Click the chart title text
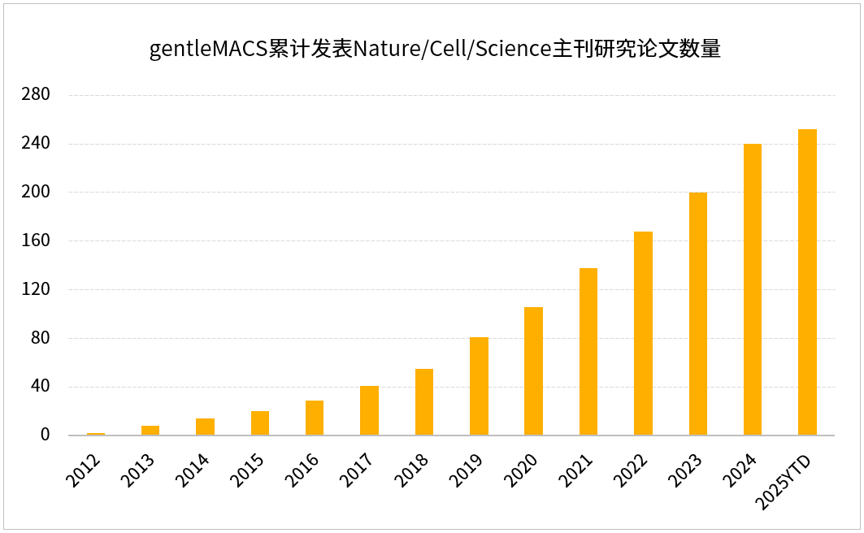pyautogui.click(x=435, y=50)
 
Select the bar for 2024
pyautogui.click(x=753, y=289)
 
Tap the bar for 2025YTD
pyautogui.click(x=807, y=282)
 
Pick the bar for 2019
pyautogui.click(x=479, y=386)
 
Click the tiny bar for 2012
pyautogui.click(x=96, y=434)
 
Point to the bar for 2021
pyautogui.click(x=588, y=352)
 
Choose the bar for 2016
pyautogui.click(x=315, y=418)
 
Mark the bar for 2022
pyautogui.click(x=643, y=333)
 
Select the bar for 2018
pyautogui.click(x=424, y=402)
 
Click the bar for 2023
pyautogui.click(x=698, y=314)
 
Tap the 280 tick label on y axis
pyautogui.click(x=37, y=95)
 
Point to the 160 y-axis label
pyautogui.click(x=37, y=241)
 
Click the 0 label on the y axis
pyautogui.click(x=46, y=435)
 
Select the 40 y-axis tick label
pyautogui.click(x=41, y=387)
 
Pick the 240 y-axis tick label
pyautogui.click(x=37, y=144)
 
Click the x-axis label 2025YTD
pyautogui.click(x=788, y=483)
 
